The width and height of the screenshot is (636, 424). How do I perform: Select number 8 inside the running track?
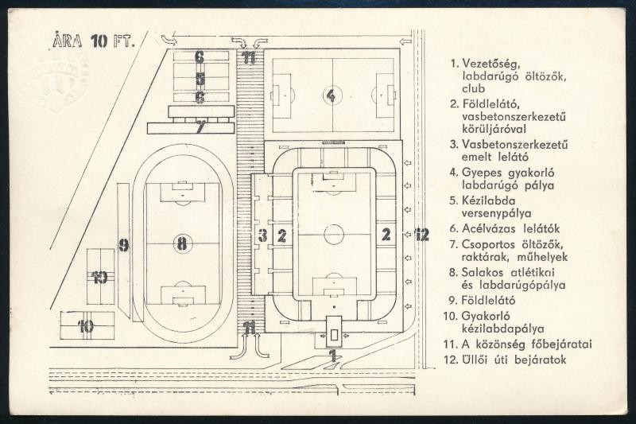(x=183, y=244)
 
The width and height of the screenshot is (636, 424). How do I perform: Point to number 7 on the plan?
(x=200, y=126)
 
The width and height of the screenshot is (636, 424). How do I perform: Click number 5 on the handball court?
(x=200, y=79)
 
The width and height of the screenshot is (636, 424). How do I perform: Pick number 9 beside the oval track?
(x=123, y=245)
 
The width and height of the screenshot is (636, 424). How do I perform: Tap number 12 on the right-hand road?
(x=421, y=234)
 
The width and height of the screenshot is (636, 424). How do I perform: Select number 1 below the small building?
(x=334, y=356)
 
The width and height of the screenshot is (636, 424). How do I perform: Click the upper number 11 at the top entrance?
(x=250, y=57)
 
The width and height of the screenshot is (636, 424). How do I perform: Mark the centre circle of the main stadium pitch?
(x=334, y=234)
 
